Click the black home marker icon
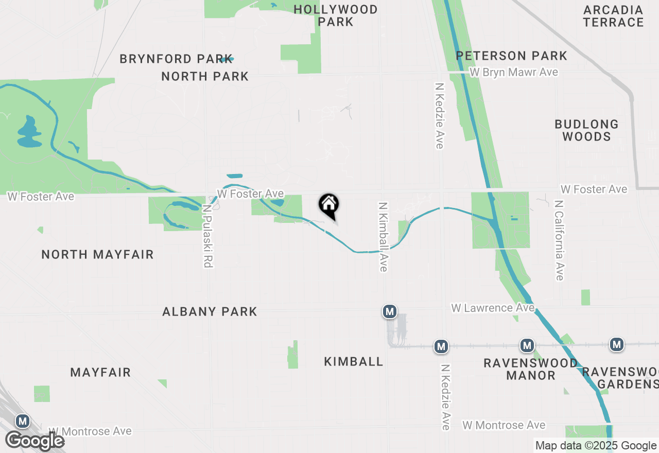(329, 205)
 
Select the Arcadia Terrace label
(613, 16)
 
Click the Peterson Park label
(511, 56)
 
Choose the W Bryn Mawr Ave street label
(514, 72)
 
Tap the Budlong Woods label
(586, 130)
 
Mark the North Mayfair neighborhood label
(97, 254)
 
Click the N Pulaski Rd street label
(207, 236)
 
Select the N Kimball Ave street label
(383, 236)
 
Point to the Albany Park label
(210, 311)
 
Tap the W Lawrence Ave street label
(493, 308)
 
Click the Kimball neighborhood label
(354, 362)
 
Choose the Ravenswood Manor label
(530, 369)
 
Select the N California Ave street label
(560, 240)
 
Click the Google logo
(34, 441)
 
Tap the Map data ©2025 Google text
(596, 446)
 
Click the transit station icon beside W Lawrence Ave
(390, 311)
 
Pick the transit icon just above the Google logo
(23, 422)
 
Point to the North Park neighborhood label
(205, 76)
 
